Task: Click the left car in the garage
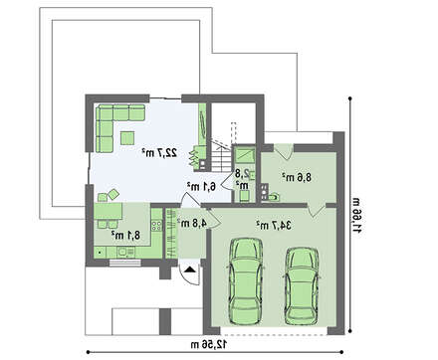(x=246, y=281)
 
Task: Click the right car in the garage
(x=302, y=285)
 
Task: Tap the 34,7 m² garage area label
(x=274, y=226)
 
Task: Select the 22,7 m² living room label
(x=159, y=153)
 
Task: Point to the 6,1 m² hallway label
(x=201, y=186)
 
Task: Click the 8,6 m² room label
(x=297, y=177)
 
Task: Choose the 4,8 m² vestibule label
(x=192, y=223)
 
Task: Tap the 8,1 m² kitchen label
(x=125, y=235)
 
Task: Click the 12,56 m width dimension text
(x=209, y=344)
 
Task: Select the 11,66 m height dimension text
(x=356, y=215)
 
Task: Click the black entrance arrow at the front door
(x=190, y=270)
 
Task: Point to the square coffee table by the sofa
(x=127, y=138)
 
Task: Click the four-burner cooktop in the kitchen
(x=156, y=226)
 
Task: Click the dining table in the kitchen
(x=108, y=211)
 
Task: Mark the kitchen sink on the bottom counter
(x=122, y=253)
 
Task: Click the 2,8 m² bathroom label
(x=242, y=178)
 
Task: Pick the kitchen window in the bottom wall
(x=125, y=263)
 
